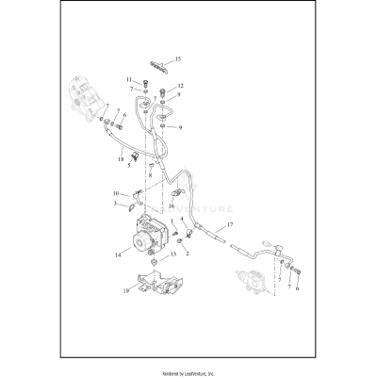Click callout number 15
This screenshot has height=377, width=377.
pyautogui.click(x=178, y=59)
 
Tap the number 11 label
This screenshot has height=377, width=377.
pyautogui.click(x=129, y=79)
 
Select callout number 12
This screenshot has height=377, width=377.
pyautogui.click(x=180, y=87)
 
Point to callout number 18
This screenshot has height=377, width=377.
pyautogui.click(x=122, y=159)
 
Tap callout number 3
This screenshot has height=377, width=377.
pyautogui.click(x=117, y=203)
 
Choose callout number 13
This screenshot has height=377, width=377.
pyautogui.click(x=172, y=254)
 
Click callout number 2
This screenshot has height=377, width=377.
pyautogui.click(x=188, y=252)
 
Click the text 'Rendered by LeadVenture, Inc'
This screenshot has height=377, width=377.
pyautogui.click(x=188, y=370)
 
